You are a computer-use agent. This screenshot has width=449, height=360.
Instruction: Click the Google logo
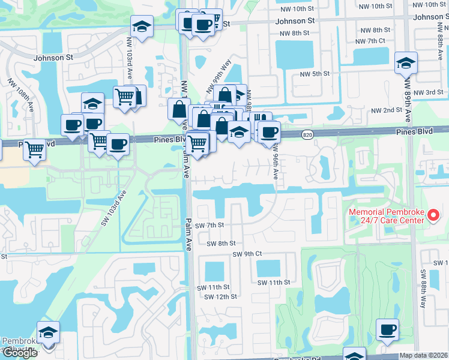point(20,353)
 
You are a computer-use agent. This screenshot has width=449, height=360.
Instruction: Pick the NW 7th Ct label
point(370,41)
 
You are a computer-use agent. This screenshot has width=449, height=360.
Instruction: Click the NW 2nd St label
point(386,110)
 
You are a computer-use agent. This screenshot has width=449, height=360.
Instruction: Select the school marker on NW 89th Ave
point(406,62)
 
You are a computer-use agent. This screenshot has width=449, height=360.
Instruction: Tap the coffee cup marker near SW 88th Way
point(387,329)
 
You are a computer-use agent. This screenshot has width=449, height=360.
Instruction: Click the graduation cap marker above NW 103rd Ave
point(142,26)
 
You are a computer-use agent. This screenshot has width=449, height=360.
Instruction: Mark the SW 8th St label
point(221,244)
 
